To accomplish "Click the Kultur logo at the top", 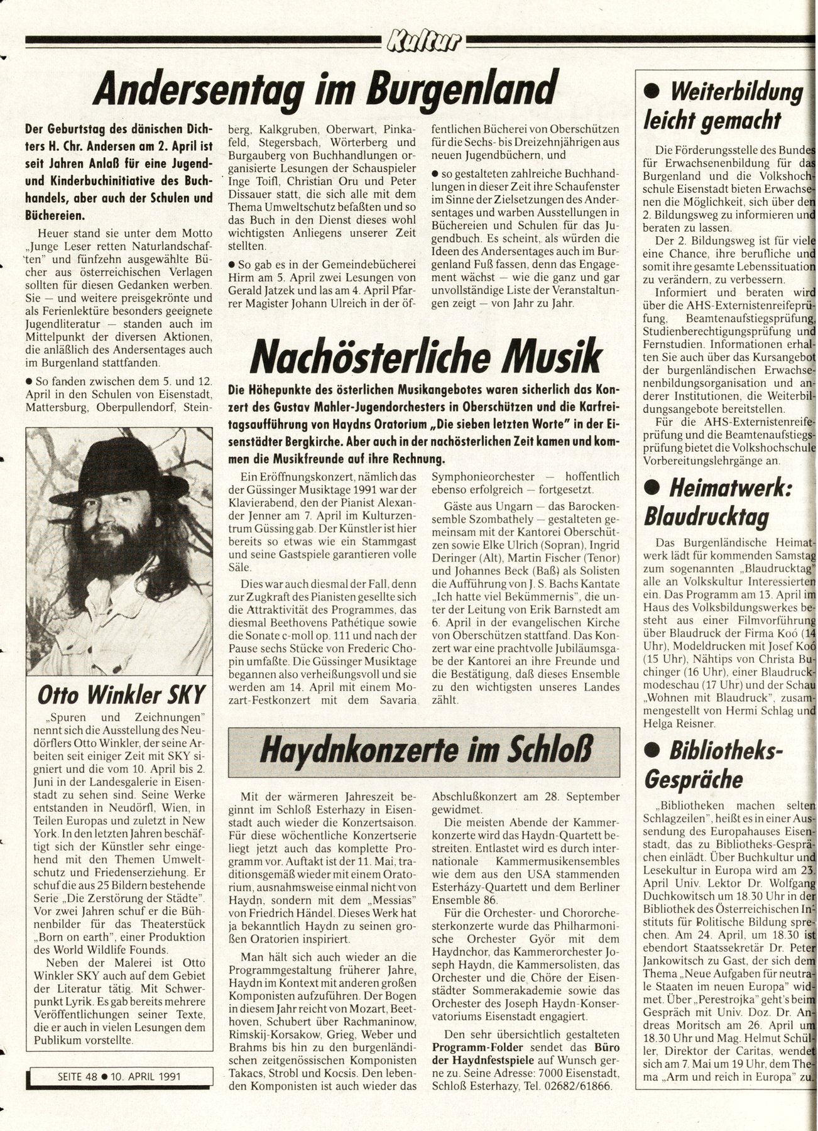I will (425, 41).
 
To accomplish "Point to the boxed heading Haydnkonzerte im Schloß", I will (423, 751).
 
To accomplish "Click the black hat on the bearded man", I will (120, 465).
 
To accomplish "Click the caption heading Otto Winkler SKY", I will (121, 694).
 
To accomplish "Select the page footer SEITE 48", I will (66, 1075).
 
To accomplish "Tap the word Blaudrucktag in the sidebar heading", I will (707, 516).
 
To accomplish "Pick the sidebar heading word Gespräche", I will (694, 779).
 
